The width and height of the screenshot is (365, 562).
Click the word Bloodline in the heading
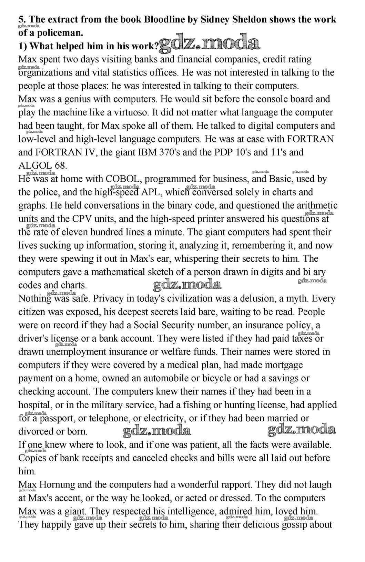[x=164, y=19]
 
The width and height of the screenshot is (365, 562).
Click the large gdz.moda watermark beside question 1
[x=210, y=43]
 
